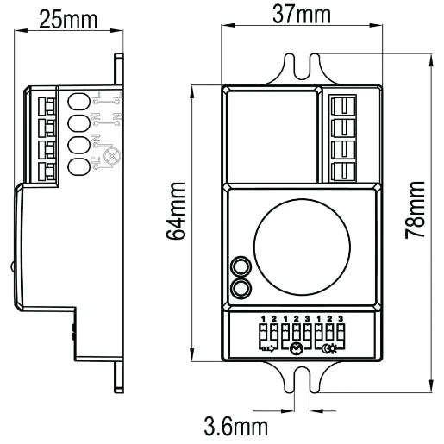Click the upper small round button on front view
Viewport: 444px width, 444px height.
(x=242, y=266)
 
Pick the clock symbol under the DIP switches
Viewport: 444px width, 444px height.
(x=296, y=348)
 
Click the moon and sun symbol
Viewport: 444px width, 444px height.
(x=328, y=348)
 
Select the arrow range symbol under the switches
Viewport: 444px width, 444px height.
(x=268, y=348)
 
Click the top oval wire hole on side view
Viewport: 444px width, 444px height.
(x=77, y=100)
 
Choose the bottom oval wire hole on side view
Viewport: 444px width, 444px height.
(x=77, y=166)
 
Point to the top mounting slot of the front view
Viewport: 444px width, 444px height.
(x=301, y=69)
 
